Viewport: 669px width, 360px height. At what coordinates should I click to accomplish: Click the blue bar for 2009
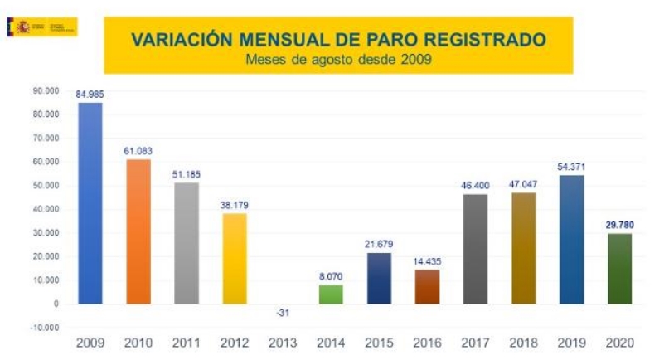90,203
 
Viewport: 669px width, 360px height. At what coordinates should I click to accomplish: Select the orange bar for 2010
138,231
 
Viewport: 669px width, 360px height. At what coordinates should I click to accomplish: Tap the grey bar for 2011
187,242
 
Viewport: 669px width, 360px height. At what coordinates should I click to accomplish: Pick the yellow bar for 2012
235,258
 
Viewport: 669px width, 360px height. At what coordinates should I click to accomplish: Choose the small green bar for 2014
331,294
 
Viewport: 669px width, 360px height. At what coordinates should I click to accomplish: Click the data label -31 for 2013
283,313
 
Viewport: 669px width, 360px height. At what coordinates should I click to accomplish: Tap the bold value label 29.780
619,225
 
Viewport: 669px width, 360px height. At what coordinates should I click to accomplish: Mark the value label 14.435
427,260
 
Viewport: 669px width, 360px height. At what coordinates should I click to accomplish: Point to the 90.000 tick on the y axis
46,90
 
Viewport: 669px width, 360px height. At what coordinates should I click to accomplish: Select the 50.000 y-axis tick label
46,184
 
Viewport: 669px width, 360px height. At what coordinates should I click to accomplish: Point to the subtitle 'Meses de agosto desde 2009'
338,59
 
